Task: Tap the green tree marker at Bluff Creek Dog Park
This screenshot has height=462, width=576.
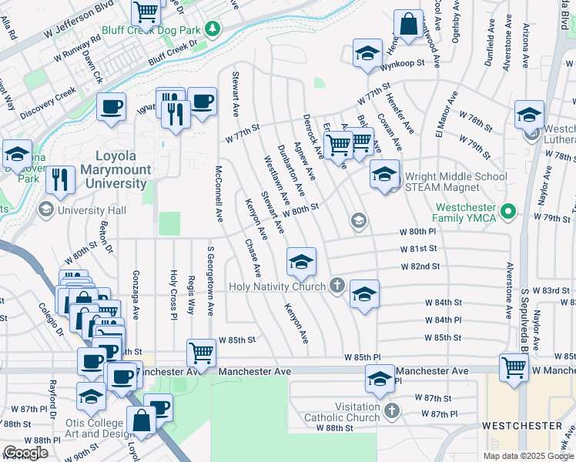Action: pos(218,30)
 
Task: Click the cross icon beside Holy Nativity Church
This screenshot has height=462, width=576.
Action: pos(337,286)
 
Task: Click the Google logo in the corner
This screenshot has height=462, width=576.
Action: pos(25,453)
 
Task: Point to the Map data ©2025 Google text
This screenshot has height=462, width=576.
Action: pos(528,456)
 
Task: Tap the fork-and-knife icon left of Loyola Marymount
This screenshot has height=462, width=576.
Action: pos(60,179)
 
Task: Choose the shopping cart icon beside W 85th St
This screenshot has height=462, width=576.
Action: pos(202,353)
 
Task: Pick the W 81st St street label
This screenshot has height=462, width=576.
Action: pos(418,249)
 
